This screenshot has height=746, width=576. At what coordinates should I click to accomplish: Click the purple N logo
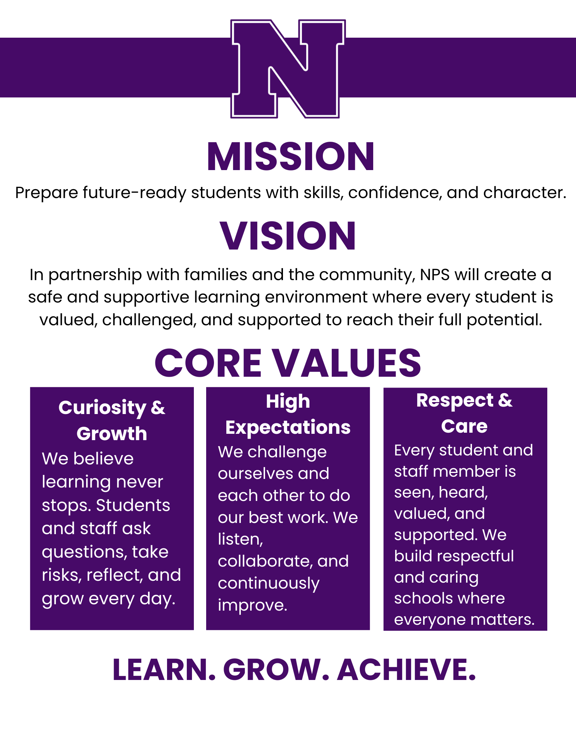[288, 69]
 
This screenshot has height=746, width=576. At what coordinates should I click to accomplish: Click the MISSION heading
[290, 157]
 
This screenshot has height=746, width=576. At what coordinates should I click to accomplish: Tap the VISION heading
[288, 236]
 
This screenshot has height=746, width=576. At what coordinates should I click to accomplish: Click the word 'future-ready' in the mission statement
[134, 193]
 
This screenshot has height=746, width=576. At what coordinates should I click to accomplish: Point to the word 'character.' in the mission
[525, 192]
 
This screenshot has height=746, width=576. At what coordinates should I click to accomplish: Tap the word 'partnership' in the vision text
[95, 275]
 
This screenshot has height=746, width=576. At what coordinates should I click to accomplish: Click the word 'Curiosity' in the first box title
[103, 408]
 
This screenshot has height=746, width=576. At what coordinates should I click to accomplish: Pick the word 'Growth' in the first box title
[112, 433]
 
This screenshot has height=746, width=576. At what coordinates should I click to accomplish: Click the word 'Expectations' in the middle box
[288, 428]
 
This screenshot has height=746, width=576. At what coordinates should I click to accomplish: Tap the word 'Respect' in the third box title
[455, 401]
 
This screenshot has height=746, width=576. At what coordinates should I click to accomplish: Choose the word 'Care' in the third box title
[464, 426]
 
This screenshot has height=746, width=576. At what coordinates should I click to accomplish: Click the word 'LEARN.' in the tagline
[164, 670]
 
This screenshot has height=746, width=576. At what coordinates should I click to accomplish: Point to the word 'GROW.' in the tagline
[276, 670]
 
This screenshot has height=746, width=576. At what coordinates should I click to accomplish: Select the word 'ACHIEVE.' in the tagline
[407, 670]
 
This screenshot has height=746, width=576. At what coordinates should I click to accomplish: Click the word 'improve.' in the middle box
[253, 605]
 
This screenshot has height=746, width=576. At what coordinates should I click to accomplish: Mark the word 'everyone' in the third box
[428, 620]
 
